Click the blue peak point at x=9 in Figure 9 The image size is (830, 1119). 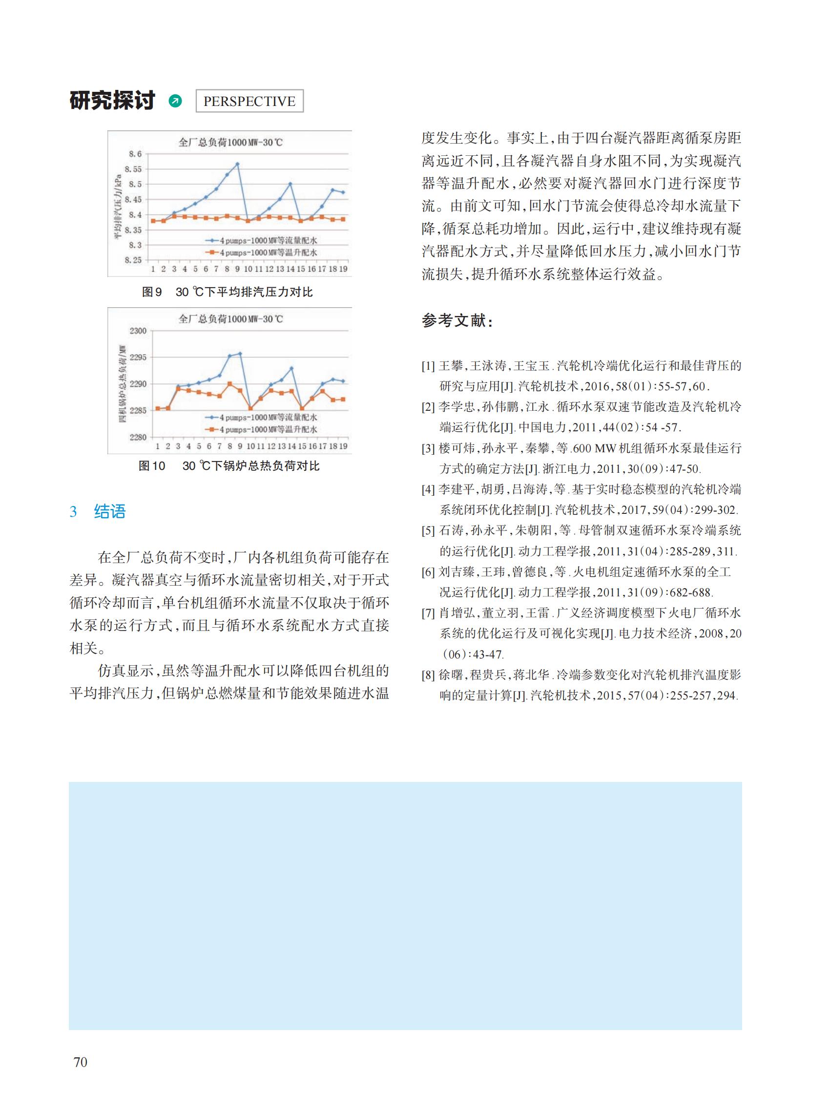tap(237, 164)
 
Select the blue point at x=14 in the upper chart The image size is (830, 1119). tap(290, 184)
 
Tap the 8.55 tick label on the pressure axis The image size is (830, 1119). tap(133, 169)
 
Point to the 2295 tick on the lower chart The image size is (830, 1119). tap(138, 358)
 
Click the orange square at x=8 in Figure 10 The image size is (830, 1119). tap(229, 384)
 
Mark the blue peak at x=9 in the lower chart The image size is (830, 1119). tap(240, 354)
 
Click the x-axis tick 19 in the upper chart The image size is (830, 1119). tap(343, 269)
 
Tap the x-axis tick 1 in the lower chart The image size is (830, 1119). tap(157, 446)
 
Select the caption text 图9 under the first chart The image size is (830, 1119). tap(152, 292)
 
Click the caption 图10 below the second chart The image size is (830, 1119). tap(152, 466)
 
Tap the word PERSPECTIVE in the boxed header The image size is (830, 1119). tap(249, 102)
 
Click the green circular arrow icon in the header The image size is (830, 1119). tap(175, 101)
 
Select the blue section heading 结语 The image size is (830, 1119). tap(109, 512)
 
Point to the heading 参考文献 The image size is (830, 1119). tap(456, 320)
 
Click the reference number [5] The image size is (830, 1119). tap(428, 531)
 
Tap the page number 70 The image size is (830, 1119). tap(81, 1062)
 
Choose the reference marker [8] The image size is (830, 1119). tap(428, 675)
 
